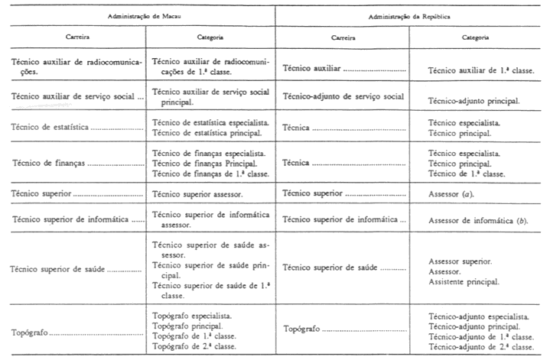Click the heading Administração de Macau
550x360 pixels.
(x=138, y=16)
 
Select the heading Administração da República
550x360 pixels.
(x=408, y=16)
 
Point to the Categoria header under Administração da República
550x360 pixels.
(x=476, y=37)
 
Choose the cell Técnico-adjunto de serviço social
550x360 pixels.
(x=343, y=96)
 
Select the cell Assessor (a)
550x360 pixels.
(x=452, y=196)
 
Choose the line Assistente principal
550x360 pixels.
(x=464, y=281)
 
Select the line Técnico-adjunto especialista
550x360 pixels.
(x=479, y=315)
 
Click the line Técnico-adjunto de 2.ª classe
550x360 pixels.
(x=480, y=346)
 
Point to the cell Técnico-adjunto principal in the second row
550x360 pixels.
(x=475, y=101)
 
